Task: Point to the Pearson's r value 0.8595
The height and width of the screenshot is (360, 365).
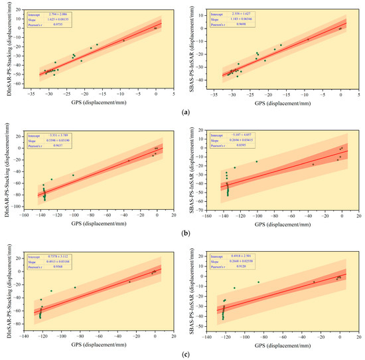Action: [x=241, y=145]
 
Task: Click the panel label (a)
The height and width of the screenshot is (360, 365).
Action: [x=183, y=113]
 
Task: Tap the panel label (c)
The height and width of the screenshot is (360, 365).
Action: [x=183, y=353]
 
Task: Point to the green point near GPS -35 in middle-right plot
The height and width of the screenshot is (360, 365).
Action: [x=313, y=164]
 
